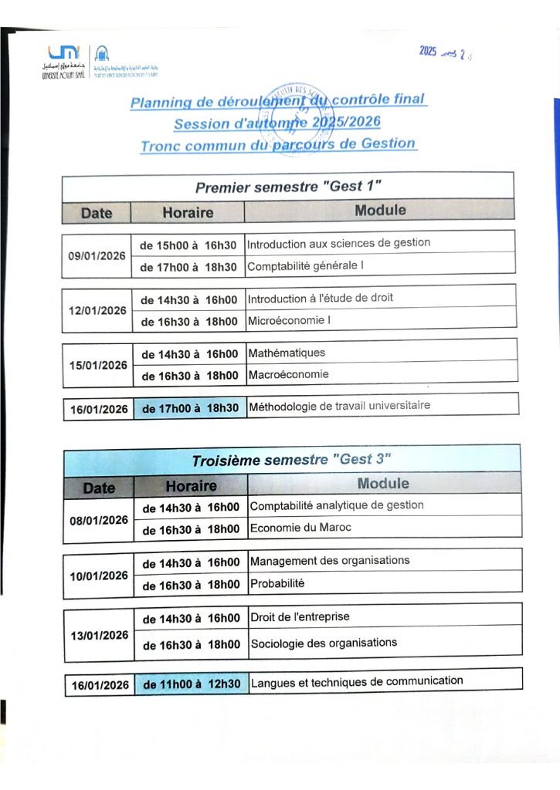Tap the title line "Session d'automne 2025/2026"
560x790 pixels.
coord(277,122)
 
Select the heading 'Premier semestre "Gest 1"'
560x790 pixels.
coord(288,187)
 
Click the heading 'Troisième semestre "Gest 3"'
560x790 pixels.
coord(292,460)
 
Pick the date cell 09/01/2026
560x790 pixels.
coord(97,255)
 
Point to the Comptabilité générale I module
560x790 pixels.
coord(305,266)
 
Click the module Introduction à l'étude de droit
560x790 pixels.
coord(321,298)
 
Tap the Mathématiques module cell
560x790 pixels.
coord(287,353)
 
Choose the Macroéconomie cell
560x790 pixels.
coord(289,374)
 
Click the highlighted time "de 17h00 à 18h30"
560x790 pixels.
coord(189,407)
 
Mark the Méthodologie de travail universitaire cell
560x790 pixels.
coord(339,405)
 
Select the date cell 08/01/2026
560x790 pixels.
coord(99,520)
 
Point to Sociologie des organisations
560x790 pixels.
coord(324,642)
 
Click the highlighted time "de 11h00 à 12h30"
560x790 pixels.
coord(192,684)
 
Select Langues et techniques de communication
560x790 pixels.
coord(357,681)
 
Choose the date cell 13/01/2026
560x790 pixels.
coord(99,635)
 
